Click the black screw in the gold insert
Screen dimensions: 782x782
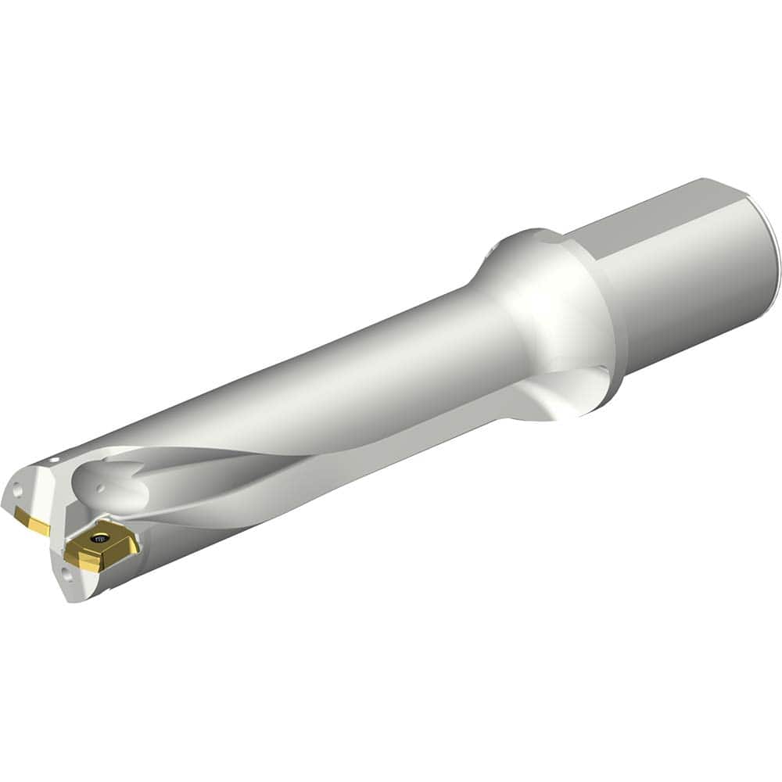tap(99, 538)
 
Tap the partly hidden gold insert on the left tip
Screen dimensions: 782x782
tap(31, 519)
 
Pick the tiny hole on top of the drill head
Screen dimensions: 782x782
tap(55, 461)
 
